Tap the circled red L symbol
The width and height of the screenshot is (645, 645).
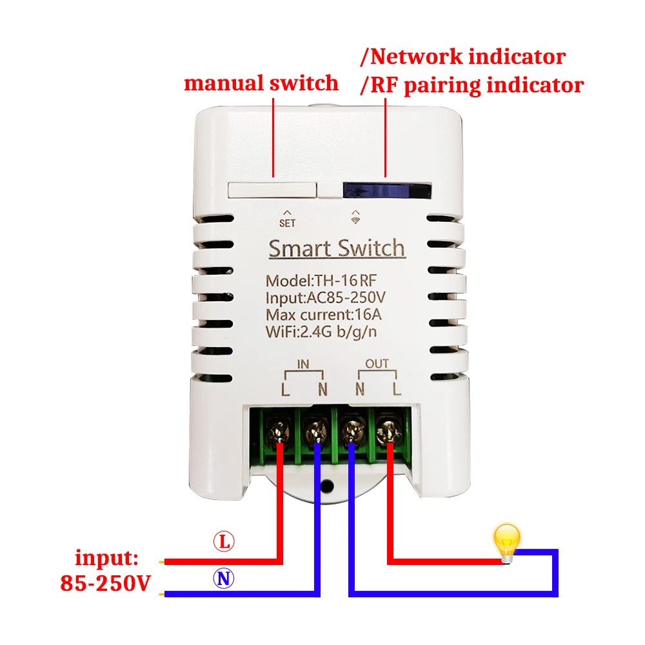(x=224, y=542)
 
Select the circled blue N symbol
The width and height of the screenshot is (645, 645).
(x=224, y=579)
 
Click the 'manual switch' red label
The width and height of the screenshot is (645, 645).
(x=261, y=83)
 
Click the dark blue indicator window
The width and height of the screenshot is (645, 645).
(x=386, y=190)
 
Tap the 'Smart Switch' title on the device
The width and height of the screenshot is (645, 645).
(x=336, y=248)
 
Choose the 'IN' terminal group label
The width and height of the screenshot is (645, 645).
(x=303, y=364)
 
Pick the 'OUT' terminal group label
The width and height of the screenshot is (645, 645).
(x=377, y=364)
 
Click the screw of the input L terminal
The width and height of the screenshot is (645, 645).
(x=281, y=428)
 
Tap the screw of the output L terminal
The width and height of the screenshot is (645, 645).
(x=389, y=428)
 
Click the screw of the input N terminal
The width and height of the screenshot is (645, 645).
(x=317, y=428)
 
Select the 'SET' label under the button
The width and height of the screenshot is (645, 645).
(x=287, y=223)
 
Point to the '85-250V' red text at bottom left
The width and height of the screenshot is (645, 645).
(x=105, y=583)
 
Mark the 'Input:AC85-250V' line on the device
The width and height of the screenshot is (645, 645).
(x=325, y=299)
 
